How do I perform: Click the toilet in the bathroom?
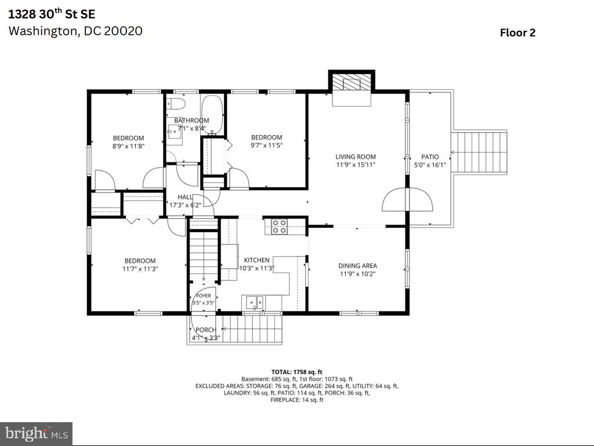point(175,104)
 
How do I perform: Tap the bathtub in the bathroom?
point(212,115)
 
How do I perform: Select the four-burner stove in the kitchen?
point(280,227)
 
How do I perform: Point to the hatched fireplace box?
point(352,82)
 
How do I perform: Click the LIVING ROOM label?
point(356,157)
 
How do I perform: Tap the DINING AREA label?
point(357,266)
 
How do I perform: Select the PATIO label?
point(430,157)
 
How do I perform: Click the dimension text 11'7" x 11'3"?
point(140,269)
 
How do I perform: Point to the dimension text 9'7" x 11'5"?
point(267,145)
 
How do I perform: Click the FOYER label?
point(204,296)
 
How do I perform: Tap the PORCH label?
point(206,330)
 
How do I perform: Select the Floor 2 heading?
point(517,32)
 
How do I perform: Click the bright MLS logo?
point(37,433)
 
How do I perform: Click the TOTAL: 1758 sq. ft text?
point(296,372)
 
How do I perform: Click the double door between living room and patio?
point(407,199)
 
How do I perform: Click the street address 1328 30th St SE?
point(52,14)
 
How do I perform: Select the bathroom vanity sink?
point(175,130)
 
